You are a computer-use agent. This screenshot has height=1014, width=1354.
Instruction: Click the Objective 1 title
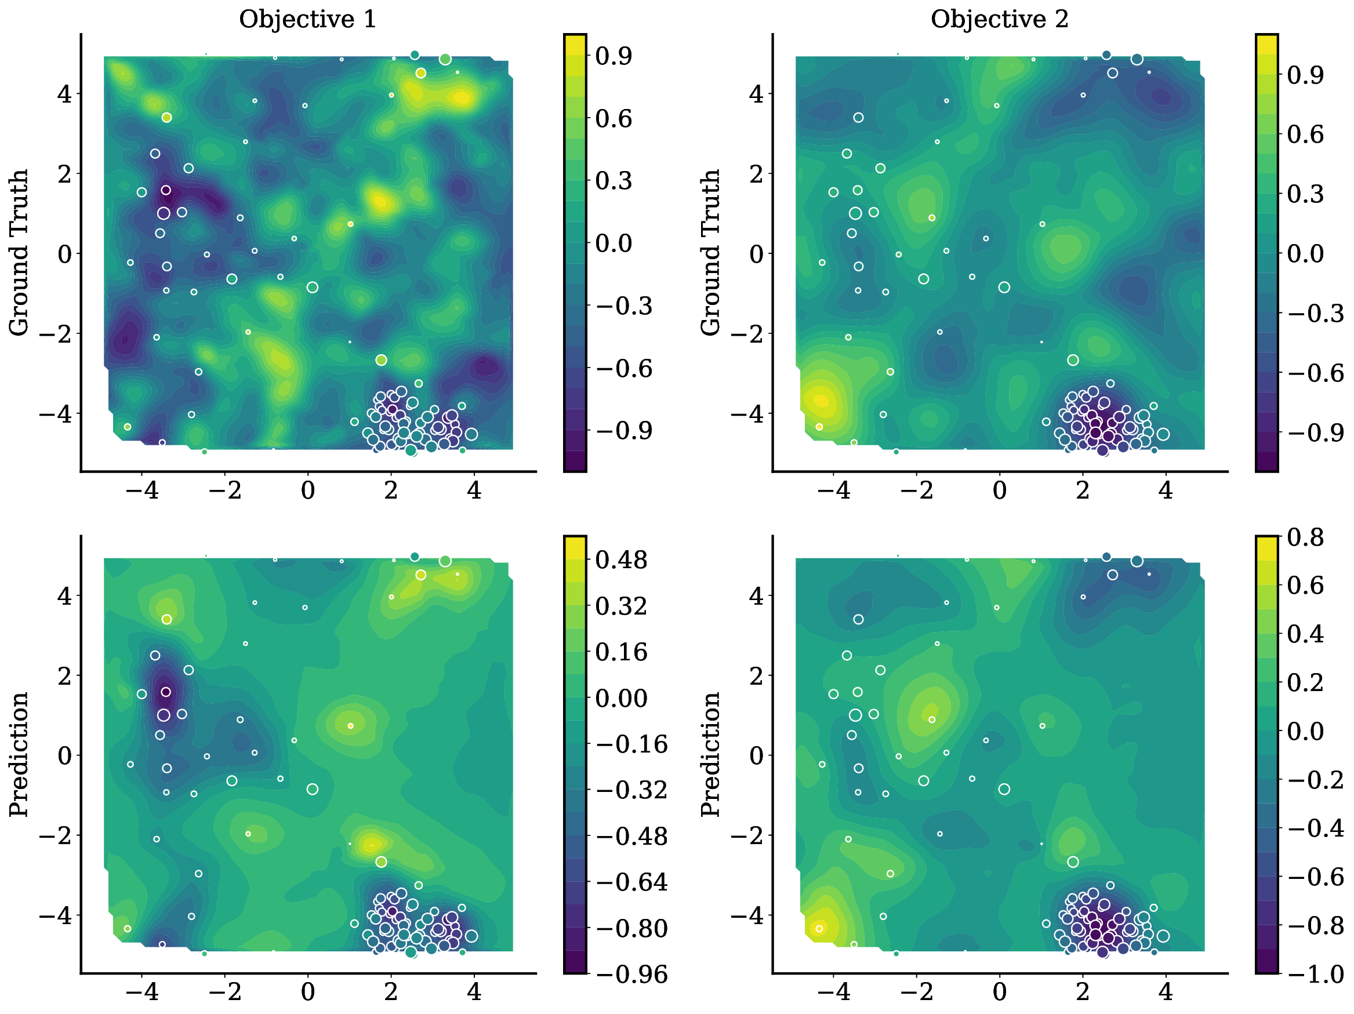click(x=307, y=19)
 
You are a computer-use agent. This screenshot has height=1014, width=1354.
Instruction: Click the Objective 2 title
click(x=999, y=19)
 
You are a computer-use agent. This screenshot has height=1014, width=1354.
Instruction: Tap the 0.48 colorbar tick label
click(x=620, y=560)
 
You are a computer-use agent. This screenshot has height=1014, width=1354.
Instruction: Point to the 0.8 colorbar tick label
click(x=1305, y=537)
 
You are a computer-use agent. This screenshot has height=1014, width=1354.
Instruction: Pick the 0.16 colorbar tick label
click(x=620, y=652)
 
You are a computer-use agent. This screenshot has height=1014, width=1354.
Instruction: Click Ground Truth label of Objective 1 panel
click(x=19, y=253)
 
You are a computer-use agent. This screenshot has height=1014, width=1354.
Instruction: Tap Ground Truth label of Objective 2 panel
click(x=711, y=253)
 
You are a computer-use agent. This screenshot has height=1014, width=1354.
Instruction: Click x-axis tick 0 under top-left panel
click(x=308, y=491)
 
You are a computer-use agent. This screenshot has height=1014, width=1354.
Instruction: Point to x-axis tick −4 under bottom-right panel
click(x=834, y=992)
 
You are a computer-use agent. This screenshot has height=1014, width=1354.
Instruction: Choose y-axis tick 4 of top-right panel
click(x=757, y=95)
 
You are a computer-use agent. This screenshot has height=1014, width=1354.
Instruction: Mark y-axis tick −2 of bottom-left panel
click(x=56, y=835)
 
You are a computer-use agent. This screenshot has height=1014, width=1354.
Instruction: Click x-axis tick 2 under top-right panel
click(x=1082, y=491)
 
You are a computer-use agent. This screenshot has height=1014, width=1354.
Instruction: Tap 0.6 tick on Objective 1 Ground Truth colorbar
click(x=614, y=119)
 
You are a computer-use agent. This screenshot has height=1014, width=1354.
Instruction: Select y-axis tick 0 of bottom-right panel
click(x=757, y=756)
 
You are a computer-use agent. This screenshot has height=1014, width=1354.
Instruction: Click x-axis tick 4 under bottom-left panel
click(x=474, y=992)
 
